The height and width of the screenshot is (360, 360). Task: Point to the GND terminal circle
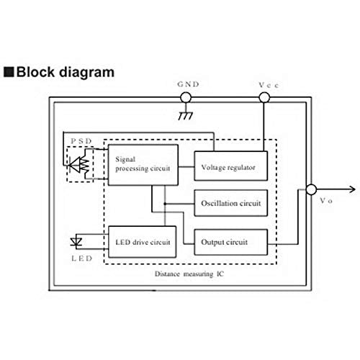pos(185,97)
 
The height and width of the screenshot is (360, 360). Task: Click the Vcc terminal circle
pos(264,97)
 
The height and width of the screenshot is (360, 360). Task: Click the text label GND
pos(185,84)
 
